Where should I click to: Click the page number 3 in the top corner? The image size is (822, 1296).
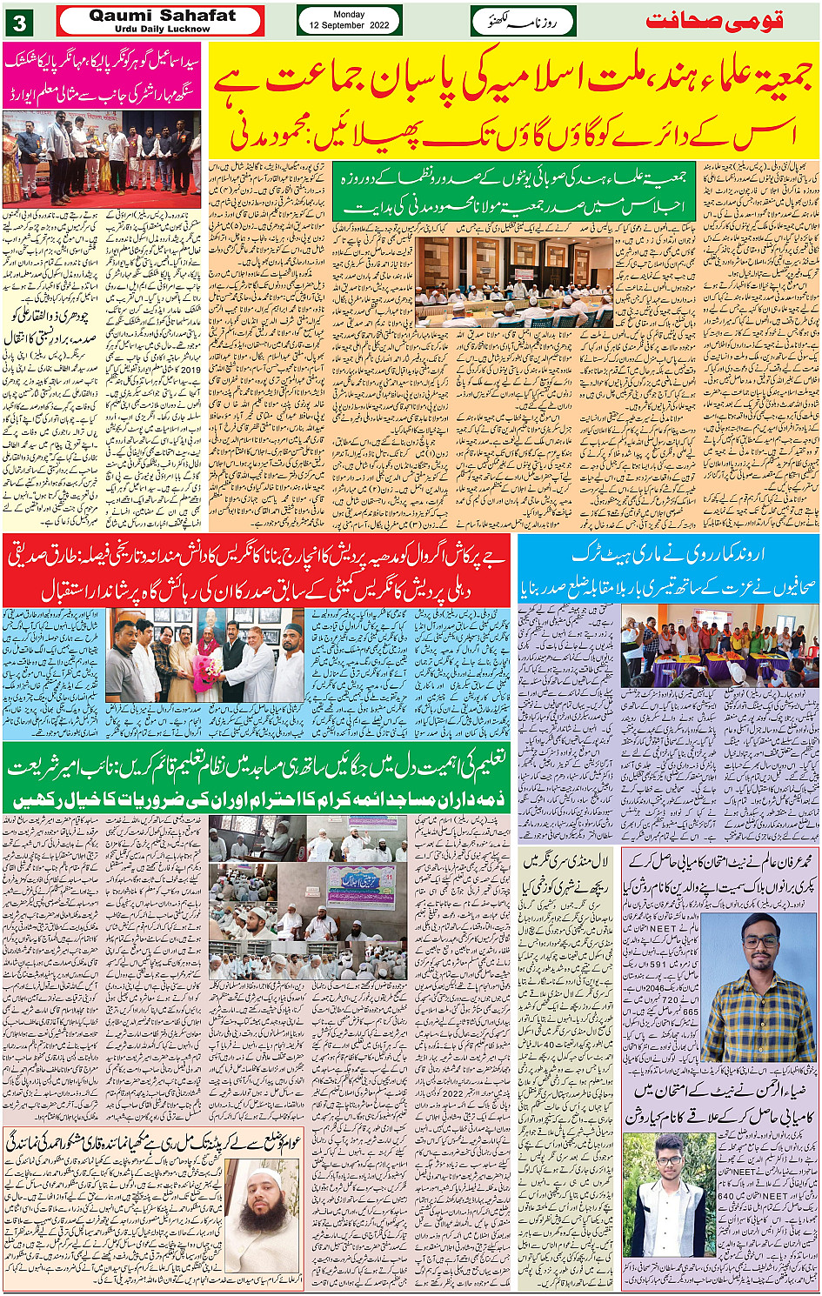pos(20,23)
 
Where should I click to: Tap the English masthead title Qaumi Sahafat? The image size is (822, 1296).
pos(162,15)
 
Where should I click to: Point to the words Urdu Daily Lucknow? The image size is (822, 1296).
pos(162,29)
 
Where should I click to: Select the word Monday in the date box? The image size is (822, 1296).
pos(350,14)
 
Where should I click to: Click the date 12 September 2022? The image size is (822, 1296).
pos(350,26)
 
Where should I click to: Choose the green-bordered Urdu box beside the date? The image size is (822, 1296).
pos(524,21)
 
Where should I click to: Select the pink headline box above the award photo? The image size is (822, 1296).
pos(102,75)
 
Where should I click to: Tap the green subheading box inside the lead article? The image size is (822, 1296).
pos(514,190)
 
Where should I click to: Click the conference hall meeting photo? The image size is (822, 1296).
pos(514,281)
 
